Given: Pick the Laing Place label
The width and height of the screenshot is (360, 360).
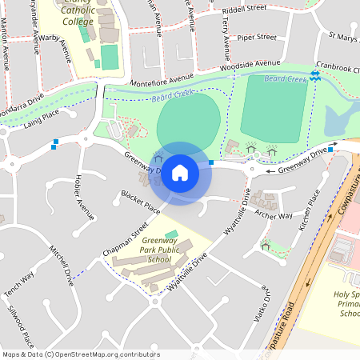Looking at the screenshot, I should [42, 118].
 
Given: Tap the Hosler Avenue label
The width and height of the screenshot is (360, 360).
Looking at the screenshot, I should [83, 196].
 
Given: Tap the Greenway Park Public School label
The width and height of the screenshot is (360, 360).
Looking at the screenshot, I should [155, 250].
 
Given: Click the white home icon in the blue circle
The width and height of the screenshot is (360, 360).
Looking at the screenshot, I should [180, 172].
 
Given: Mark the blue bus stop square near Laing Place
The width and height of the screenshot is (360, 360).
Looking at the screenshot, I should [54, 145].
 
